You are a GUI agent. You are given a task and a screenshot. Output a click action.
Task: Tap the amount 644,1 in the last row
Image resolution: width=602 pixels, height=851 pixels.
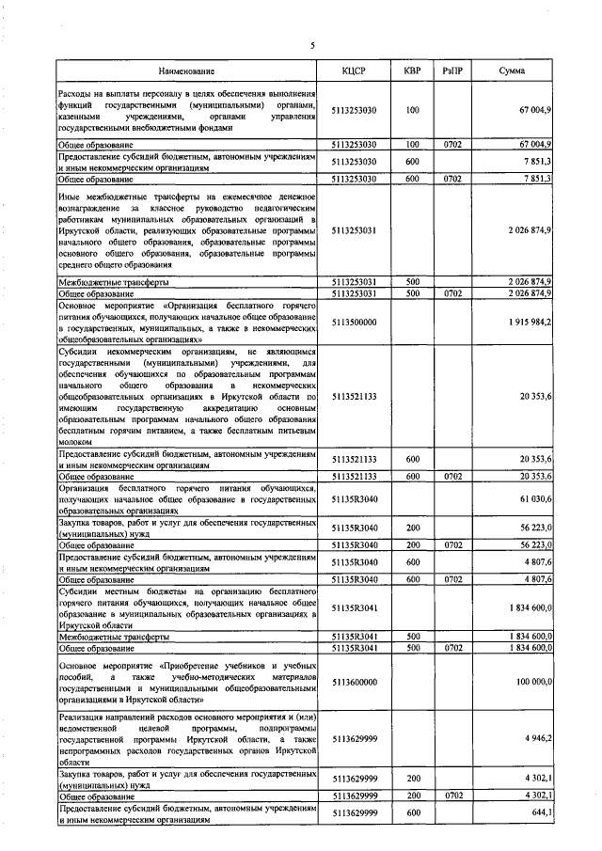pos(541,812)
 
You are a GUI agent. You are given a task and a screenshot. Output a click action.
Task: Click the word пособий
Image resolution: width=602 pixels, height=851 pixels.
pos(76,676)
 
